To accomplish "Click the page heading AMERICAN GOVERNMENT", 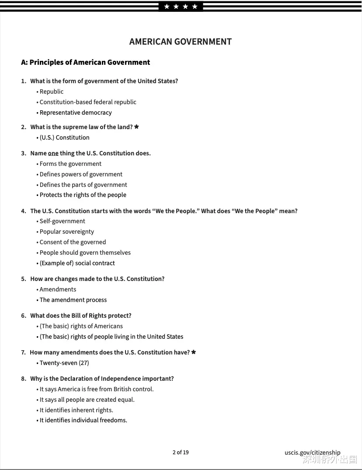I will point(180,42).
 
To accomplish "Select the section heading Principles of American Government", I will point(90,62).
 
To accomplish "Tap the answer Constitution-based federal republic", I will point(88,102).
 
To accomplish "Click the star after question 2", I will point(136,127).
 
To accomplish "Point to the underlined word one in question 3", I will point(53,153).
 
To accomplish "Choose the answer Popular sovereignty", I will point(66,231).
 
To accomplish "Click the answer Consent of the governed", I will point(73,242).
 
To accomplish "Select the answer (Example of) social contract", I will point(77,263).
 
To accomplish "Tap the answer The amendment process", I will point(73,300).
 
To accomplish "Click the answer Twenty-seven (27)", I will point(64,363).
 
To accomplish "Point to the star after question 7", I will point(194,352).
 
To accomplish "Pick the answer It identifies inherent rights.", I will point(76,410).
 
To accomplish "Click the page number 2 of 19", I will point(181,452).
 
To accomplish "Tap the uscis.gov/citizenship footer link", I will point(312,452).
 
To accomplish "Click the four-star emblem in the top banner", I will point(181,7).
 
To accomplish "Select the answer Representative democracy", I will point(76,112).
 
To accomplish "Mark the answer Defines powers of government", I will point(81,174).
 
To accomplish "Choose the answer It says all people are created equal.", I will point(87,400).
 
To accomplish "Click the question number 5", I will point(24,279).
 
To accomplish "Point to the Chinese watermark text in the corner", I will point(330,459).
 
